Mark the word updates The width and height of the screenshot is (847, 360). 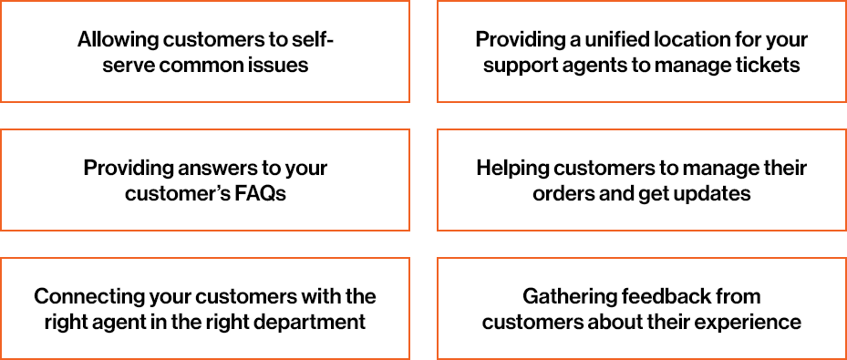coord(718,194)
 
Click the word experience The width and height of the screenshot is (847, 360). coord(752,323)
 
